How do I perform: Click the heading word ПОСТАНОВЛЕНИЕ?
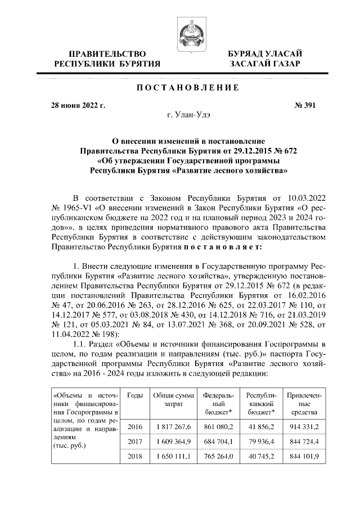(x=180, y=88)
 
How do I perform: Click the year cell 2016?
(x=135, y=427)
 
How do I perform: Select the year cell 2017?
(x=135, y=442)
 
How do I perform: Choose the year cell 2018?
(x=135, y=456)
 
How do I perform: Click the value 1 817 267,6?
(x=173, y=427)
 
